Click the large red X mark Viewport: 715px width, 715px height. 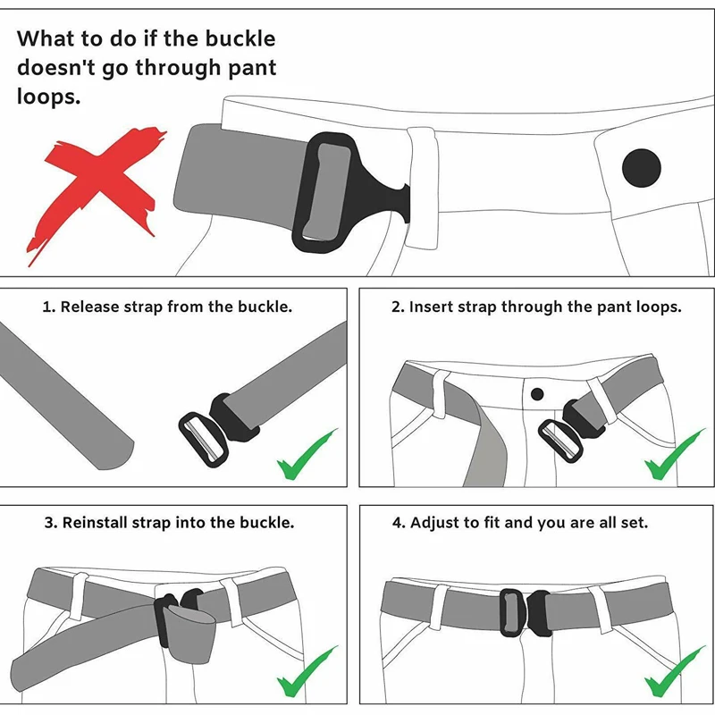pyautogui.click(x=96, y=191)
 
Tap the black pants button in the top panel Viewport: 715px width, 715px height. pyautogui.click(x=642, y=168)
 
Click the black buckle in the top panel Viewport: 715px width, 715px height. pyautogui.click(x=347, y=192)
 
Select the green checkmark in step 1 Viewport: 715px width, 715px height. pyautogui.click(x=307, y=455)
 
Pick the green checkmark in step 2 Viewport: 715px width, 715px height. pyautogui.click(x=674, y=455)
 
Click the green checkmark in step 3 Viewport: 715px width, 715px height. pyautogui.click(x=307, y=672)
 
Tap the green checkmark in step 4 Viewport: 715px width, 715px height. pyautogui.click(x=674, y=672)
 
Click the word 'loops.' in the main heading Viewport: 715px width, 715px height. pyautogui.click(x=48, y=97)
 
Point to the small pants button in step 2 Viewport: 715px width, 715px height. pyautogui.click(x=537, y=394)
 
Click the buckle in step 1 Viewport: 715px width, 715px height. pyautogui.click(x=218, y=430)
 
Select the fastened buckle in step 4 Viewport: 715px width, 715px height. pyautogui.click(x=526, y=612)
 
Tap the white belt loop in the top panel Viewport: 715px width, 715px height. pyautogui.click(x=423, y=188)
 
